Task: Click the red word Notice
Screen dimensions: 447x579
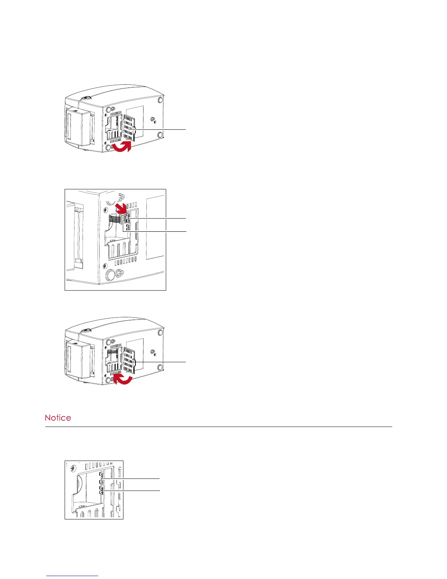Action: [x=58, y=417]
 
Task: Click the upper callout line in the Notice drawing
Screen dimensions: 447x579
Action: [x=131, y=478]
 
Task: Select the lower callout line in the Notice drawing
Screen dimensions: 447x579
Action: [x=131, y=490]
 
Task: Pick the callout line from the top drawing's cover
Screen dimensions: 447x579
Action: [x=161, y=129]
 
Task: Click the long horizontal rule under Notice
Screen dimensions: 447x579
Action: [x=218, y=427]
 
